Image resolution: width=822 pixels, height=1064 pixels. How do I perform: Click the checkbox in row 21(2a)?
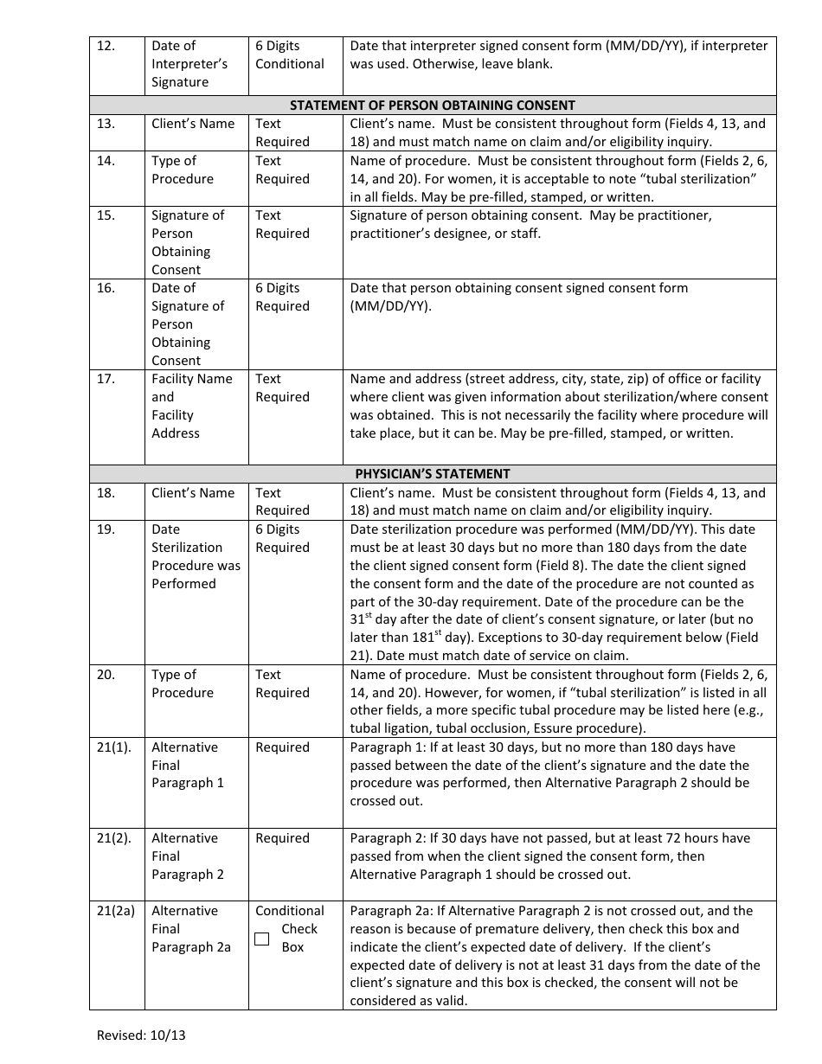(x=262, y=939)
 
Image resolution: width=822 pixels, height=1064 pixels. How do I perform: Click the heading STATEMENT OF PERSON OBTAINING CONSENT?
(x=432, y=106)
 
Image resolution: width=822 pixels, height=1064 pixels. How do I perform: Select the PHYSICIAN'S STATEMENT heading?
(x=432, y=474)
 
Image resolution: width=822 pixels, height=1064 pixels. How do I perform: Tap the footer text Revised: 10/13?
(x=141, y=1035)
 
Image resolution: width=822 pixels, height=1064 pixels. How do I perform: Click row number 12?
(x=106, y=46)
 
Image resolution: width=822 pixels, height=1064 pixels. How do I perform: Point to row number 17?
(x=106, y=379)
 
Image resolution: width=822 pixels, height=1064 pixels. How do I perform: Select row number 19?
(x=106, y=529)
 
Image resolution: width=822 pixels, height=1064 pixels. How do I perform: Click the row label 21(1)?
(x=113, y=747)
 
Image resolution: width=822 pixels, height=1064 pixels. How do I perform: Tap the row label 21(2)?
(x=113, y=838)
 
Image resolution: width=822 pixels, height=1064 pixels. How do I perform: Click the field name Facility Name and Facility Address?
(x=192, y=406)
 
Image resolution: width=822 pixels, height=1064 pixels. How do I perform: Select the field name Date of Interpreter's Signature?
(x=189, y=64)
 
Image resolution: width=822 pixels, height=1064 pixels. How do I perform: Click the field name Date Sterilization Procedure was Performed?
(x=196, y=556)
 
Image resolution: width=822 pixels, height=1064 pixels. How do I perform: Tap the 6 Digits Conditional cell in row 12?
(x=289, y=54)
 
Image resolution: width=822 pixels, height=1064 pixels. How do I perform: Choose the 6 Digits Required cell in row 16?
(x=281, y=297)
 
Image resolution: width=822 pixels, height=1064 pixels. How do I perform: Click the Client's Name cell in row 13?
(x=193, y=124)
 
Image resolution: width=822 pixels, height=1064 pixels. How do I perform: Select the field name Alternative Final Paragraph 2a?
(x=191, y=929)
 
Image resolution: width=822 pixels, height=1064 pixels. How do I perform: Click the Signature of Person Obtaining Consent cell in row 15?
(x=188, y=242)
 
